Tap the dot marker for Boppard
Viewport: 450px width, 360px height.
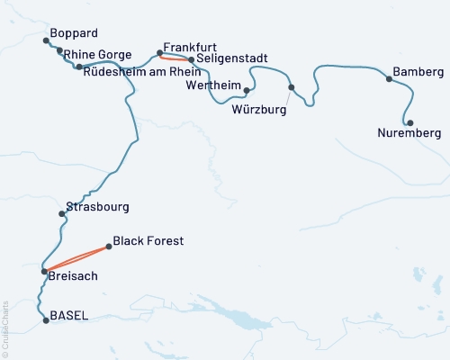46,40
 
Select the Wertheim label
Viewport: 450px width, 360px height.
212,85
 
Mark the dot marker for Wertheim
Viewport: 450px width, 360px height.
247,90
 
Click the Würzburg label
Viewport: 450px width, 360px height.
258,110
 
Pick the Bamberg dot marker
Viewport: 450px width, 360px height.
389,79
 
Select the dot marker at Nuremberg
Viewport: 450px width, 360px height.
410,122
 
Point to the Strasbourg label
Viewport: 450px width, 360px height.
98,206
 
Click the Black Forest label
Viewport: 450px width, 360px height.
149,241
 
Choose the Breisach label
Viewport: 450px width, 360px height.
73,278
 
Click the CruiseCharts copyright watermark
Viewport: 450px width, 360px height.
4,328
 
